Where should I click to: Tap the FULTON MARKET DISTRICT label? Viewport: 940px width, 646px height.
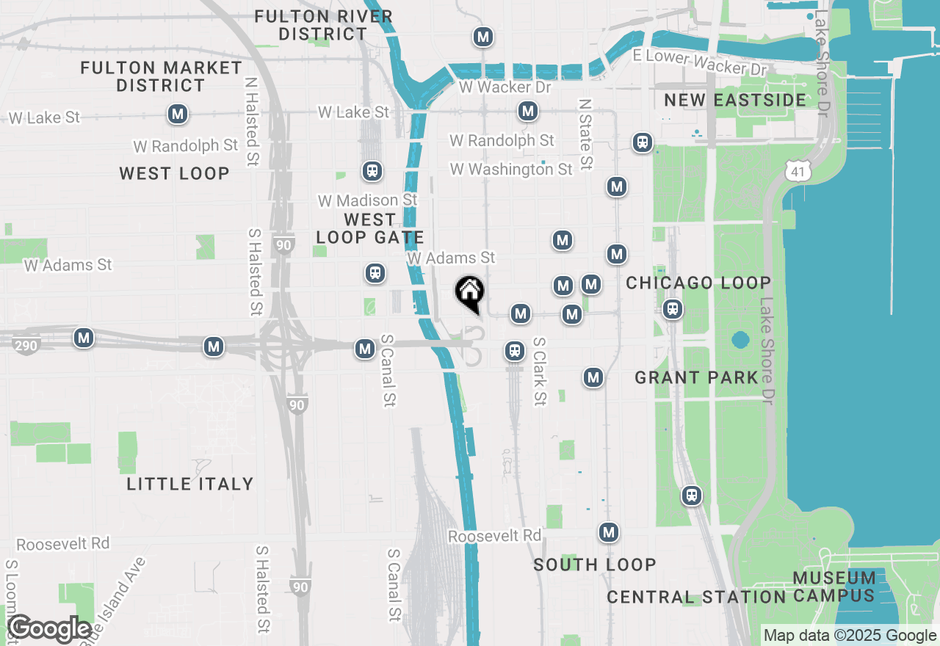coord(162,76)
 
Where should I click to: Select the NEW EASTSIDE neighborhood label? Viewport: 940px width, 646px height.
coord(735,100)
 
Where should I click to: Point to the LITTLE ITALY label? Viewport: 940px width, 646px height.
coord(190,484)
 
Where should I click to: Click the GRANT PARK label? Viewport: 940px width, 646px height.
coord(696,377)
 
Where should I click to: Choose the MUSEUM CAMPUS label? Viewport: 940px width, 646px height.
coord(834,587)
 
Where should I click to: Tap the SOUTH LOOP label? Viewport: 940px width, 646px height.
coord(595,565)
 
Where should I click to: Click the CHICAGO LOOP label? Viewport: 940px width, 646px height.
coord(698,283)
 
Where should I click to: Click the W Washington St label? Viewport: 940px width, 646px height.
coord(511,170)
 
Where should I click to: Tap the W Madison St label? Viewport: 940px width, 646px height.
coord(367,200)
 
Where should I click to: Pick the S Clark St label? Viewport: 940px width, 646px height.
coord(540,371)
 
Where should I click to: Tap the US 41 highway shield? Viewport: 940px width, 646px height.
coord(797,171)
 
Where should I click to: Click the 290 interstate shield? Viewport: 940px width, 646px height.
coord(26,344)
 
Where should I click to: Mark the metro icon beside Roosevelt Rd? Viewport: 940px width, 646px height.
coord(608,532)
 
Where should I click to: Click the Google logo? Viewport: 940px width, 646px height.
coord(50,629)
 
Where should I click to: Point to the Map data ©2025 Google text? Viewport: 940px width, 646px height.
coord(850,636)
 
